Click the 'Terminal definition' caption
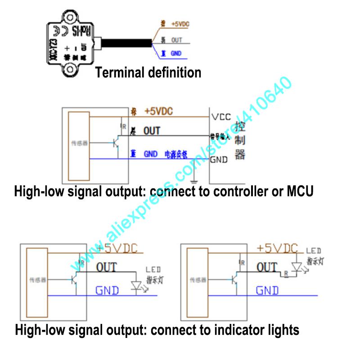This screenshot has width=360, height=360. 148,72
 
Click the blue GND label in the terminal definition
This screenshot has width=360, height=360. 176,53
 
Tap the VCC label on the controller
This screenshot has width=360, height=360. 221,117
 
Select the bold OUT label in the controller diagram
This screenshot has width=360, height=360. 152,131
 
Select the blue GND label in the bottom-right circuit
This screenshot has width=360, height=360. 267,291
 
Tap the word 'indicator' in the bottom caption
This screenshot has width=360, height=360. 234,330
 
